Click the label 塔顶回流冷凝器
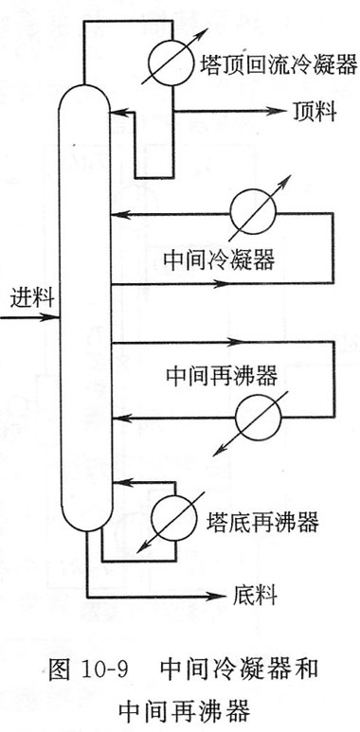pyautogui.click(x=279, y=65)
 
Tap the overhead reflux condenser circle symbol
pyautogui.click(x=171, y=62)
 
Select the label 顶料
pyautogui.click(x=315, y=112)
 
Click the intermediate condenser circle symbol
pyautogui.click(x=253, y=212)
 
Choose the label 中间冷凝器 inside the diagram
pyautogui.click(x=219, y=259)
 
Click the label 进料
pyautogui.click(x=32, y=298)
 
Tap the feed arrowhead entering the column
pyautogui.click(x=50, y=317)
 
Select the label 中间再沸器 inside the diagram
pyautogui.click(x=222, y=376)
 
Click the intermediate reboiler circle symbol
pyautogui.click(x=259, y=418)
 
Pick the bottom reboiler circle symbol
pyautogui.click(x=174, y=518)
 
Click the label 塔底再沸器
pyautogui.click(x=262, y=522)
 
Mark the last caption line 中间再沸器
pyautogui.click(x=185, y=712)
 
